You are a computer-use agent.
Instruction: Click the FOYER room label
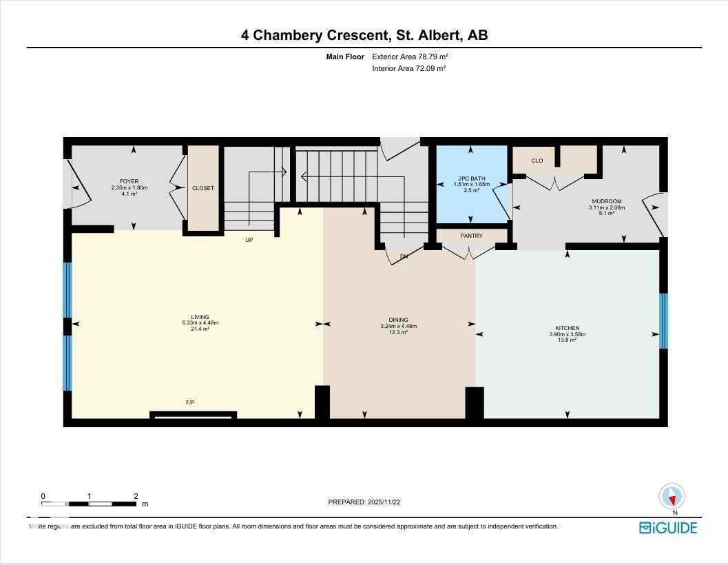pos(129,181)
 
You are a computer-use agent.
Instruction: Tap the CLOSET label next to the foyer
pos(203,188)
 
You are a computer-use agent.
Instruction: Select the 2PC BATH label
pos(471,178)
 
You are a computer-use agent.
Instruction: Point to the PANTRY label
pos(472,236)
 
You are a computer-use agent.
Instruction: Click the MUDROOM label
pos(606,202)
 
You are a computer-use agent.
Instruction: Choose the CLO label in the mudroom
pos(537,161)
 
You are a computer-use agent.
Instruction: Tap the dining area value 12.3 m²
pos(398,332)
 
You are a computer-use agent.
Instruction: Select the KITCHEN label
pos(567,328)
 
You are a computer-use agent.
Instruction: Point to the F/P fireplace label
pos(190,402)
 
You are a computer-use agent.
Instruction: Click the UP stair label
pos(250,240)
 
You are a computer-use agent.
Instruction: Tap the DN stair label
pos(404,256)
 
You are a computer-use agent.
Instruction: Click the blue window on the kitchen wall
pos(663,321)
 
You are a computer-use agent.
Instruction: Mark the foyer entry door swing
pos(78,184)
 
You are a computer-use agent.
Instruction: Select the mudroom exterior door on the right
pos(655,214)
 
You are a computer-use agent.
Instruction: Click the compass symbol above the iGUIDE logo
pos(672,496)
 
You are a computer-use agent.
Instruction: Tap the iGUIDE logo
pos(668,528)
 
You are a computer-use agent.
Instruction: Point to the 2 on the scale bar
pos(136,496)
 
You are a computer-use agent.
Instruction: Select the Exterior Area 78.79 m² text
pos(410,56)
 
